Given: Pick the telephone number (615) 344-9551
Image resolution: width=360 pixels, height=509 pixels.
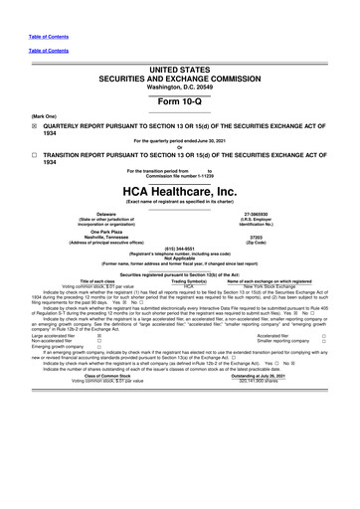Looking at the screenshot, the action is tap(179, 250).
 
